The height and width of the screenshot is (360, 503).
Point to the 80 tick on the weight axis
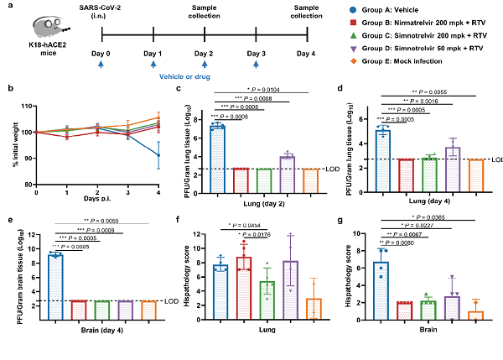pos(27,184)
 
